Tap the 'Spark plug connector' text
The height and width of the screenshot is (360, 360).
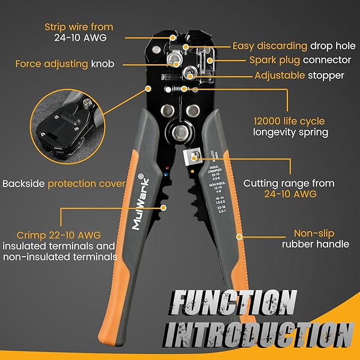click(x=300, y=60)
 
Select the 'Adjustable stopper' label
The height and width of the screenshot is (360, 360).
click(x=299, y=75)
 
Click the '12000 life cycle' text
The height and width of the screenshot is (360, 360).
click(x=289, y=121)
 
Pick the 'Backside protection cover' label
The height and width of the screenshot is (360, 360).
click(x=64, y=184)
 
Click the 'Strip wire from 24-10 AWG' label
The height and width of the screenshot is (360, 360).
click(x=86, y=32)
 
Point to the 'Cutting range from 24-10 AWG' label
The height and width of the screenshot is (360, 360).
click(x=288, y=189)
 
